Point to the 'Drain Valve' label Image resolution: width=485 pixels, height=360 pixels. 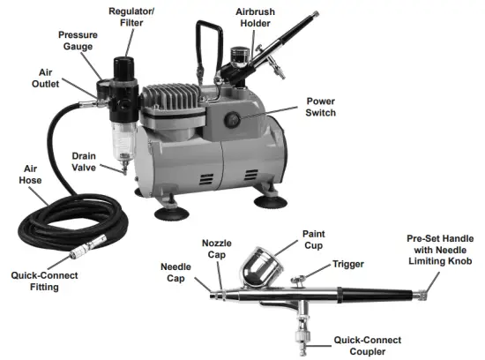point(90,162)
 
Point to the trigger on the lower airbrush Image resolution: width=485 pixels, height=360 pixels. point(299,279)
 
